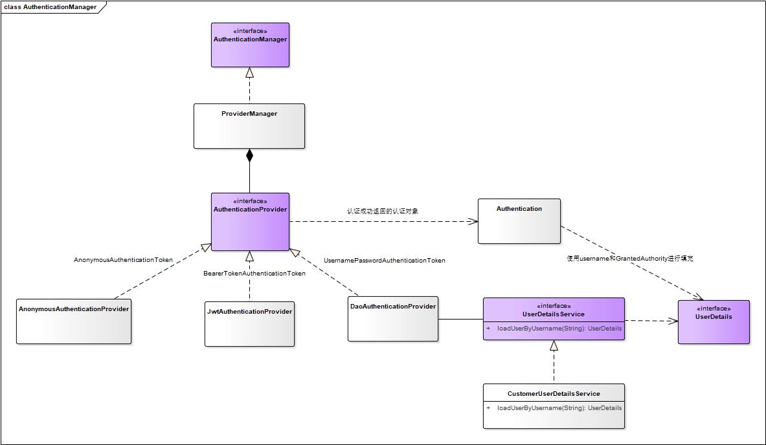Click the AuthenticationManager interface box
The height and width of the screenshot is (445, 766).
[x=250, y=45]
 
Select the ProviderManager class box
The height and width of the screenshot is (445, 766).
[x=249, y=126]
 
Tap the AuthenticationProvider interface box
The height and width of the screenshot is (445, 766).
[x=250, y=222]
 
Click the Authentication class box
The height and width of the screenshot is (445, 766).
[x=519, y=221]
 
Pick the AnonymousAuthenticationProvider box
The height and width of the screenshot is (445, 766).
[x=74, y=321]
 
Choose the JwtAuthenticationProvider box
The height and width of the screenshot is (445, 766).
[x=249, y=323]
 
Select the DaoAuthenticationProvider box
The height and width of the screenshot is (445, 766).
[x=393, y=319]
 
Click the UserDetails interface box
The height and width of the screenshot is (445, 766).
[x=714, y=321]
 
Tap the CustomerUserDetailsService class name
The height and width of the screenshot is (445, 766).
[x=554, y=393]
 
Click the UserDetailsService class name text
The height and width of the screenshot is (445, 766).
[x=554, y=314]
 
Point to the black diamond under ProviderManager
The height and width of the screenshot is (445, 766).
[x=249, y=155]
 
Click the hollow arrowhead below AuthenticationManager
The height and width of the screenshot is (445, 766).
[x=249, y=72]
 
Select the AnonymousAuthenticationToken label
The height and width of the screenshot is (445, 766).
[x=123, y=260]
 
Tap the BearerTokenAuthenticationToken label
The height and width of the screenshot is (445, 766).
[x=254, y=274]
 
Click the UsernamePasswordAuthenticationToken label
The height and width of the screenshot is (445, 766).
[x=385, y=261]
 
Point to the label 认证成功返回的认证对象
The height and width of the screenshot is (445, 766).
[x=383, y=211]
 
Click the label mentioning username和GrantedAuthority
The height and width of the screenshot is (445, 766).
[x=630, y=259]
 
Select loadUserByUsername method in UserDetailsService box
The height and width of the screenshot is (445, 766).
[x=559, y=329]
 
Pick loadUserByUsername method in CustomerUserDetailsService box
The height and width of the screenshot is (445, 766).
[x=559, y=408]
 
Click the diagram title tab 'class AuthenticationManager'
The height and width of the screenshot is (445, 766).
[x=51, y=7]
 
